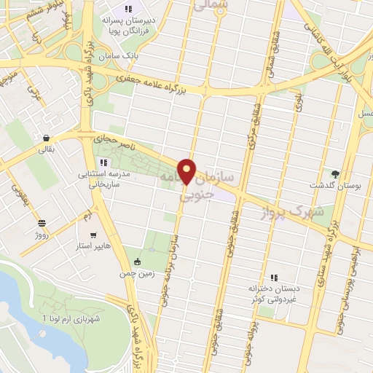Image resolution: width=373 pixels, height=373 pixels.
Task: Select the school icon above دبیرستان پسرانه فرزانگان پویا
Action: click(x=128, y=9)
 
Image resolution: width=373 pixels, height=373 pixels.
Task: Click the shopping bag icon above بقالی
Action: click(x=46, y=138)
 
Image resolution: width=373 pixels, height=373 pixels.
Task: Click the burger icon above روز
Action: click(x=42, y=224)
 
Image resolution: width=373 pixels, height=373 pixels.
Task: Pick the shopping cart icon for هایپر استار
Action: click(x=93, y=235)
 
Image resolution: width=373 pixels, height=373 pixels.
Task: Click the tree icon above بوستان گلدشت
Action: click(x=335, y=173)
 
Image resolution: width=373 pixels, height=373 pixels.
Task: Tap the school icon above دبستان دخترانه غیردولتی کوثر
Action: click(x=274, y=278)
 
